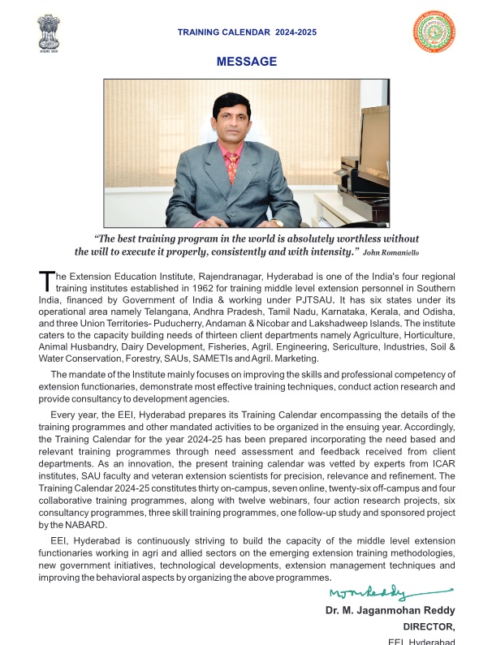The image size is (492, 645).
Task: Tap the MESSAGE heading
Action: [x=246, y=62]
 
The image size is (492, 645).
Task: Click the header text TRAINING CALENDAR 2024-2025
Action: [x=246, y=32]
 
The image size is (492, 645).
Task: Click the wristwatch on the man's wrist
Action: [x=276, y=221]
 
